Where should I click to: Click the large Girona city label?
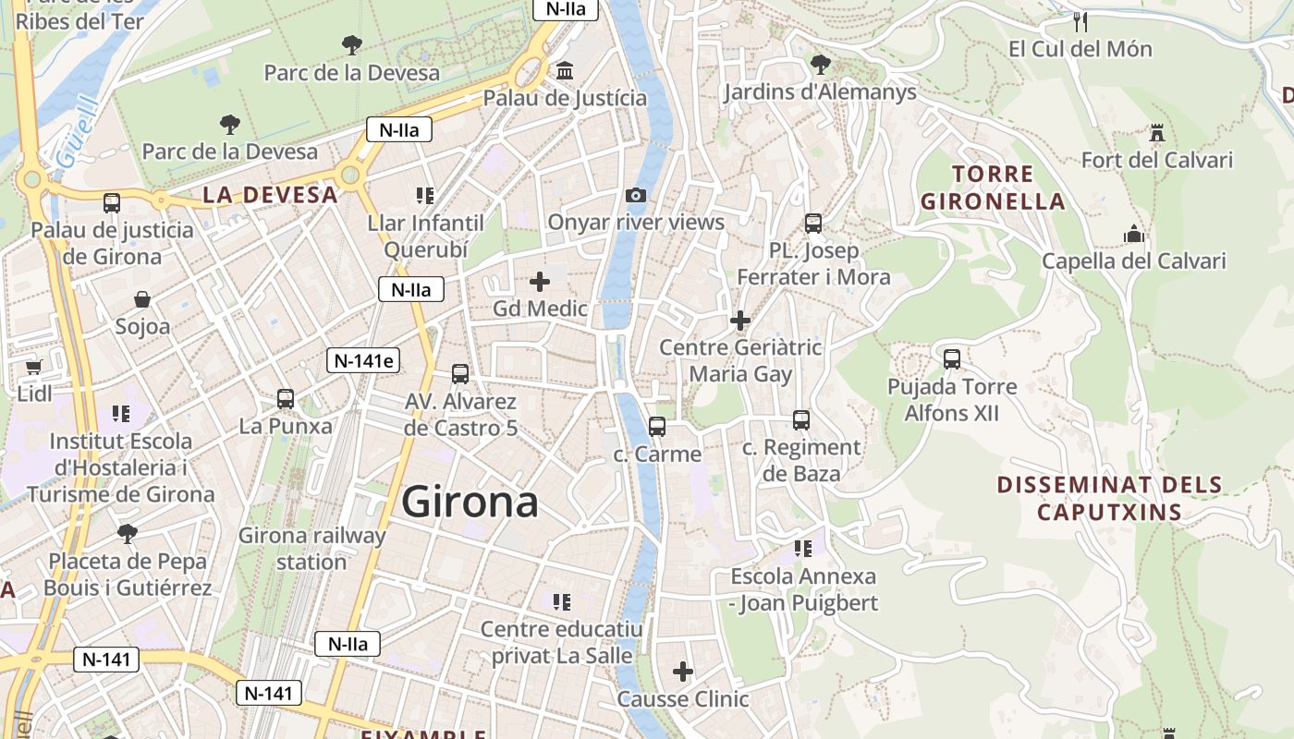pos(470,502)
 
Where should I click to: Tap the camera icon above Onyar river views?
pos(636,195)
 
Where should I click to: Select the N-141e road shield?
pos(363,361)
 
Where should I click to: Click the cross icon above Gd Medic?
pos(540,281)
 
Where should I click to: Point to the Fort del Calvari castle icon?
pos(1156,133)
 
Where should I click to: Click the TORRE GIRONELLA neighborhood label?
pos(993,188)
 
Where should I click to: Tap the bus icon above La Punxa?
pos(286,399)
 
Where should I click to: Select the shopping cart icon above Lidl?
pos(34,367)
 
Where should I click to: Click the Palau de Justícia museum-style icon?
pos(565,71)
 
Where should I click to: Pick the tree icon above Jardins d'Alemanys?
pos(820,64)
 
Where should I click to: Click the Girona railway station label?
pos(312,548)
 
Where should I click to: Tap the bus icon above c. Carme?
pos(657,427)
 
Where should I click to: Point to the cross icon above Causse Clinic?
pos(683,671)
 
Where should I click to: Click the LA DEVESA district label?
pos(270,195)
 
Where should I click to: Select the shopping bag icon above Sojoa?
pos(142,299)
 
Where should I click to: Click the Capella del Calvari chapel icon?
pos(1134,235)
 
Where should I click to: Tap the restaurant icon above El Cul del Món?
pos(1080,21)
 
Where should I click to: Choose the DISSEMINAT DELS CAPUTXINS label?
pos(1109,498)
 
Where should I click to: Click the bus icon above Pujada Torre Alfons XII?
pos(952,359)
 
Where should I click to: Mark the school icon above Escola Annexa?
pos(802,549)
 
